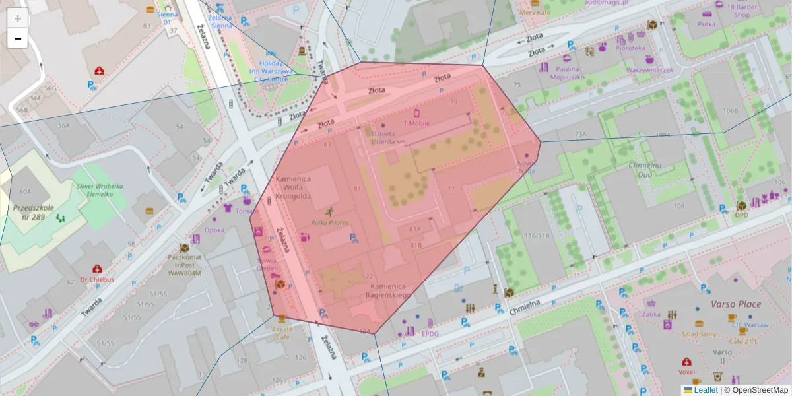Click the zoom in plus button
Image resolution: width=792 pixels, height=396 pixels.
18,18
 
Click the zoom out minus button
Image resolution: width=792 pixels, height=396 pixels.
18,38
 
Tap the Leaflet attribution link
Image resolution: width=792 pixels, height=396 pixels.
705,390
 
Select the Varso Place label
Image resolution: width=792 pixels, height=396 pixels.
735,304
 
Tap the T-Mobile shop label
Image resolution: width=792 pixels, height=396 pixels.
416,123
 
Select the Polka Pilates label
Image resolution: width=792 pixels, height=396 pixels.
329,222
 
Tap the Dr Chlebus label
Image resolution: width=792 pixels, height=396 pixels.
97,279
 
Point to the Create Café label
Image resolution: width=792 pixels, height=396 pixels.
282,332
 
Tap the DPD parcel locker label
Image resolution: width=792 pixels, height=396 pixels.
741,214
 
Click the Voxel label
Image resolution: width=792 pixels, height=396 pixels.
687,372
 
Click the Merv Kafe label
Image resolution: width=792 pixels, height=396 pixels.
535,12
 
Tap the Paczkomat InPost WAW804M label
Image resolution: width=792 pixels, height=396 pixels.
184,264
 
